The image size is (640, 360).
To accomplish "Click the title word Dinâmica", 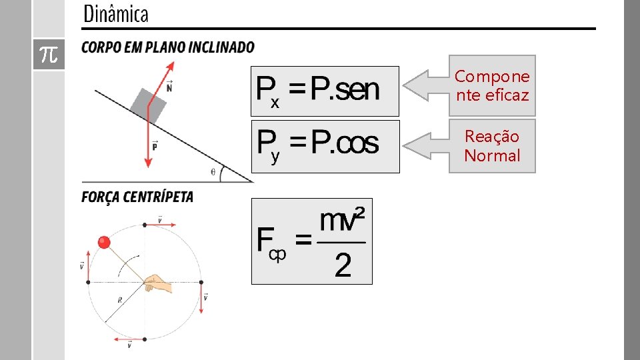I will coord(115,14).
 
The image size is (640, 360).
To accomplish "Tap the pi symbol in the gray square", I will coord(49,54).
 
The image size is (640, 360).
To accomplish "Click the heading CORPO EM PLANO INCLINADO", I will coord(167,47).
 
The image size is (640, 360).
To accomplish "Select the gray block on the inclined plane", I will coord(148,104).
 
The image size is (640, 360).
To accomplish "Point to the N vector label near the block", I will coord(169,86).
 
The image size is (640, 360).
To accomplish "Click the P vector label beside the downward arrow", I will coord(155,146).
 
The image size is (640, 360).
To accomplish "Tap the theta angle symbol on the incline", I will coord(213,171).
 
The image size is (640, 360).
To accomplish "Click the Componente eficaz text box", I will coord(492,86).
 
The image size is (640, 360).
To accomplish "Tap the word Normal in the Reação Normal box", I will coord(492,156).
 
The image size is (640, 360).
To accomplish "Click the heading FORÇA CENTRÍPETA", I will coord(137,197).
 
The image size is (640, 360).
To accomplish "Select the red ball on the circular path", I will coord(104,242).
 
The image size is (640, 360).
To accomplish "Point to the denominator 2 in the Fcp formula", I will coord(343,266).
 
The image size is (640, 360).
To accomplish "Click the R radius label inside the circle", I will coord(119,301).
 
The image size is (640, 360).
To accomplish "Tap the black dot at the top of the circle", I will coord(145,225).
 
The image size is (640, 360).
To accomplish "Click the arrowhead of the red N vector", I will coord(171,65).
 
